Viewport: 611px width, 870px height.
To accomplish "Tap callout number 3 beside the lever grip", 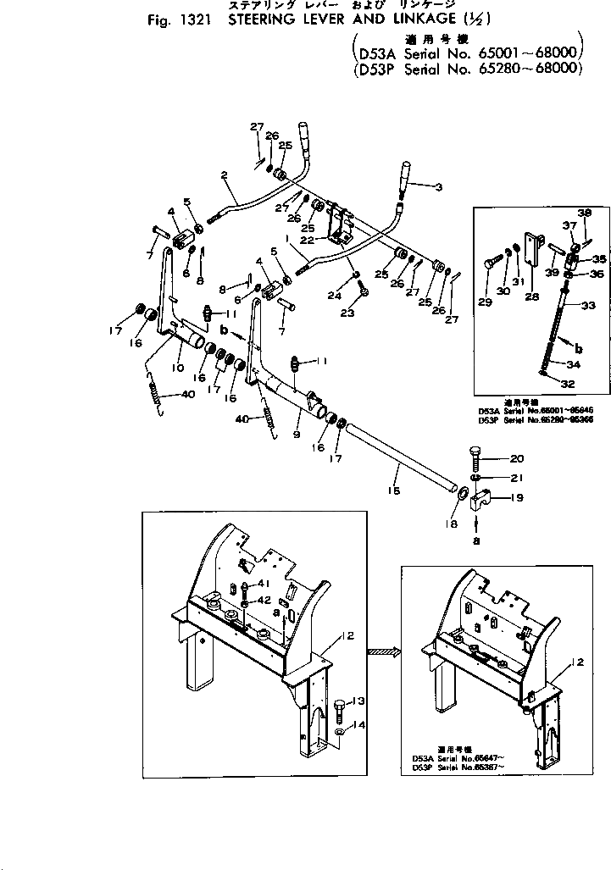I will coord(438,187).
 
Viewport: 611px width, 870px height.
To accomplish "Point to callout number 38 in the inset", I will coord(584,213).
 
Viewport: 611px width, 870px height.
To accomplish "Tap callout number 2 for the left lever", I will coord(225,176).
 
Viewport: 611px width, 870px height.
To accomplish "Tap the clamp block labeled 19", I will coord(480,501).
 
